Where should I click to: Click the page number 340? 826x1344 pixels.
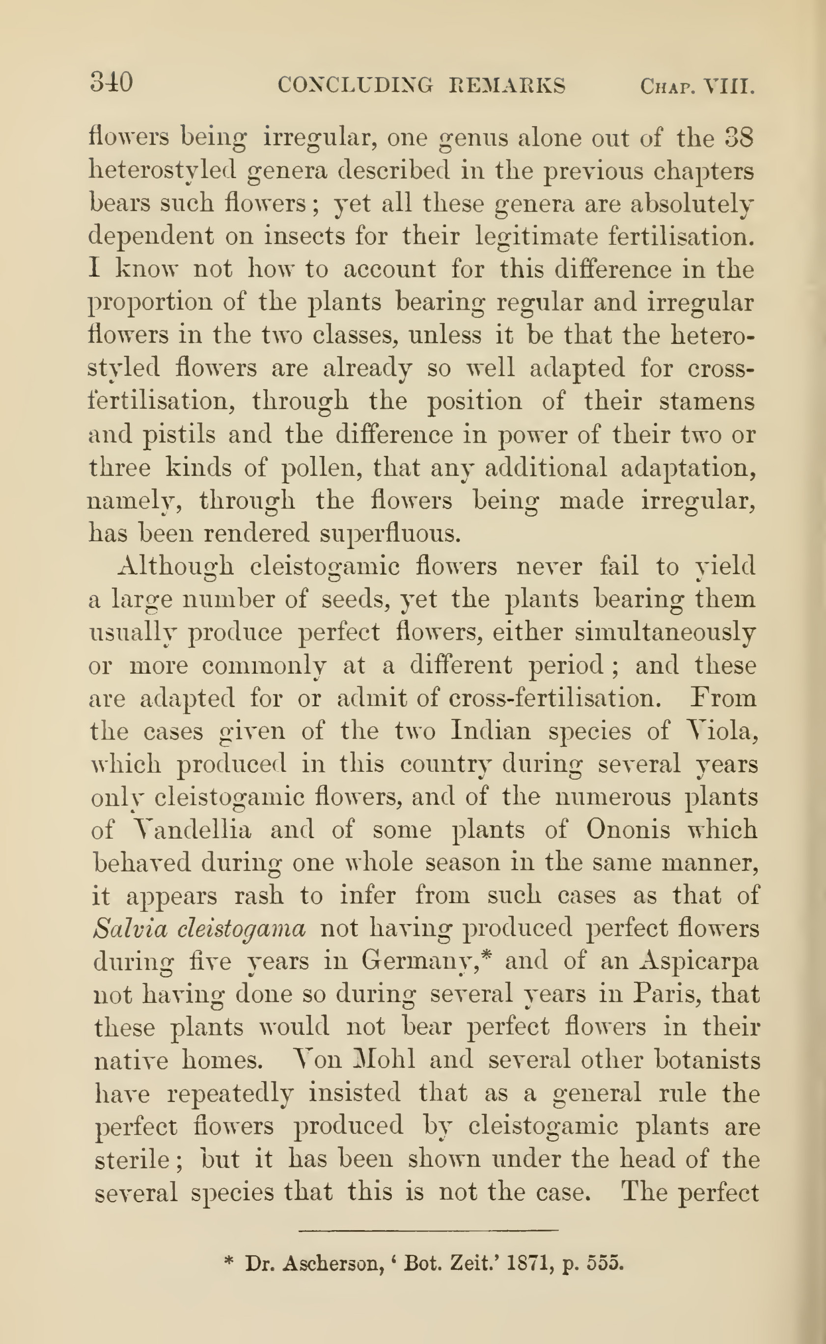pyautogui.click(x=111, y=83)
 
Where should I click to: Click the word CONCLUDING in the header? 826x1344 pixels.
pyautogui.click(x=355, y=85)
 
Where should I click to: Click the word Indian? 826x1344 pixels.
pyautogui.click(x=490, y=731)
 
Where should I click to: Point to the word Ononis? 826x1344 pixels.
pyautogui.click(x=628, y=830)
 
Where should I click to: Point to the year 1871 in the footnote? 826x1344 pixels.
pyautogui.click(x=528, y=1263)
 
